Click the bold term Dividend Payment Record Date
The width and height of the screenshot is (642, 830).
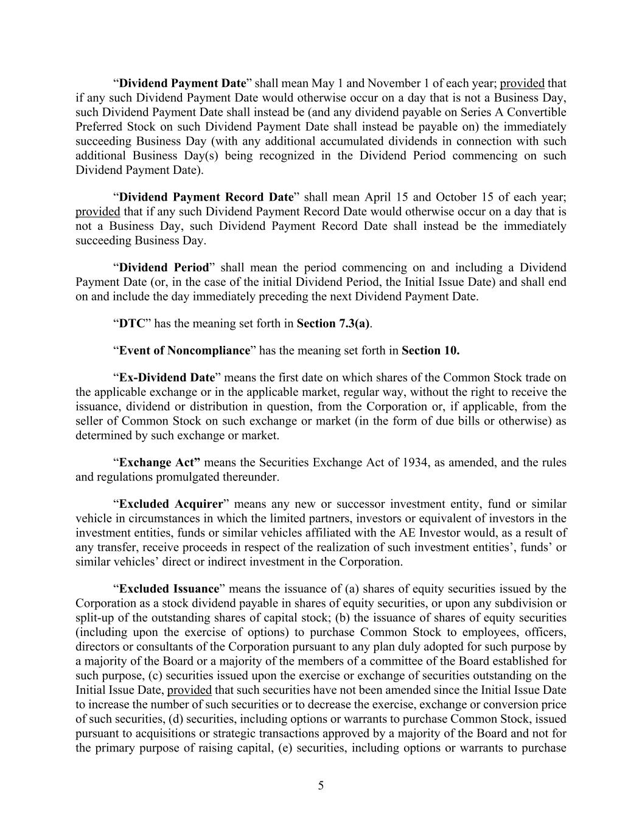[x=206, y=197]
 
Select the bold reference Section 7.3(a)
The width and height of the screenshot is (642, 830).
[x=333, y=323]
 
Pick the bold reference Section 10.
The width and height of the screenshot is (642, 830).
[x=431, y=350]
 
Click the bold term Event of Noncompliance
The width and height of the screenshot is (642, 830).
[x=184, y=350]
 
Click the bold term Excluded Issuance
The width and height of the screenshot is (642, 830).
[x=169, y=589]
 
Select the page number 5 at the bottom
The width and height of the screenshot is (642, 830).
[x=321, y=786]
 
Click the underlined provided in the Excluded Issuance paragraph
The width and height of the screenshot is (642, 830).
[x=189, y=690]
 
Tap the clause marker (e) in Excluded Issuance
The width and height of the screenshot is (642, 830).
[x=285, y=748]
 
